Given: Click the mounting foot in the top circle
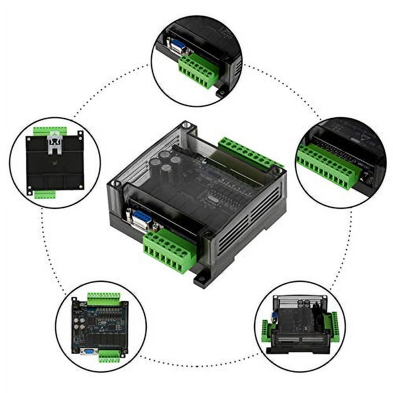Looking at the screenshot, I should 221,93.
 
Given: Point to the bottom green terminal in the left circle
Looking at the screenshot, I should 44,194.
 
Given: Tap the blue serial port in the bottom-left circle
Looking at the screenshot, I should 88,351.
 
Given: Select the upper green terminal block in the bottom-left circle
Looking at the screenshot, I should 103,299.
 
